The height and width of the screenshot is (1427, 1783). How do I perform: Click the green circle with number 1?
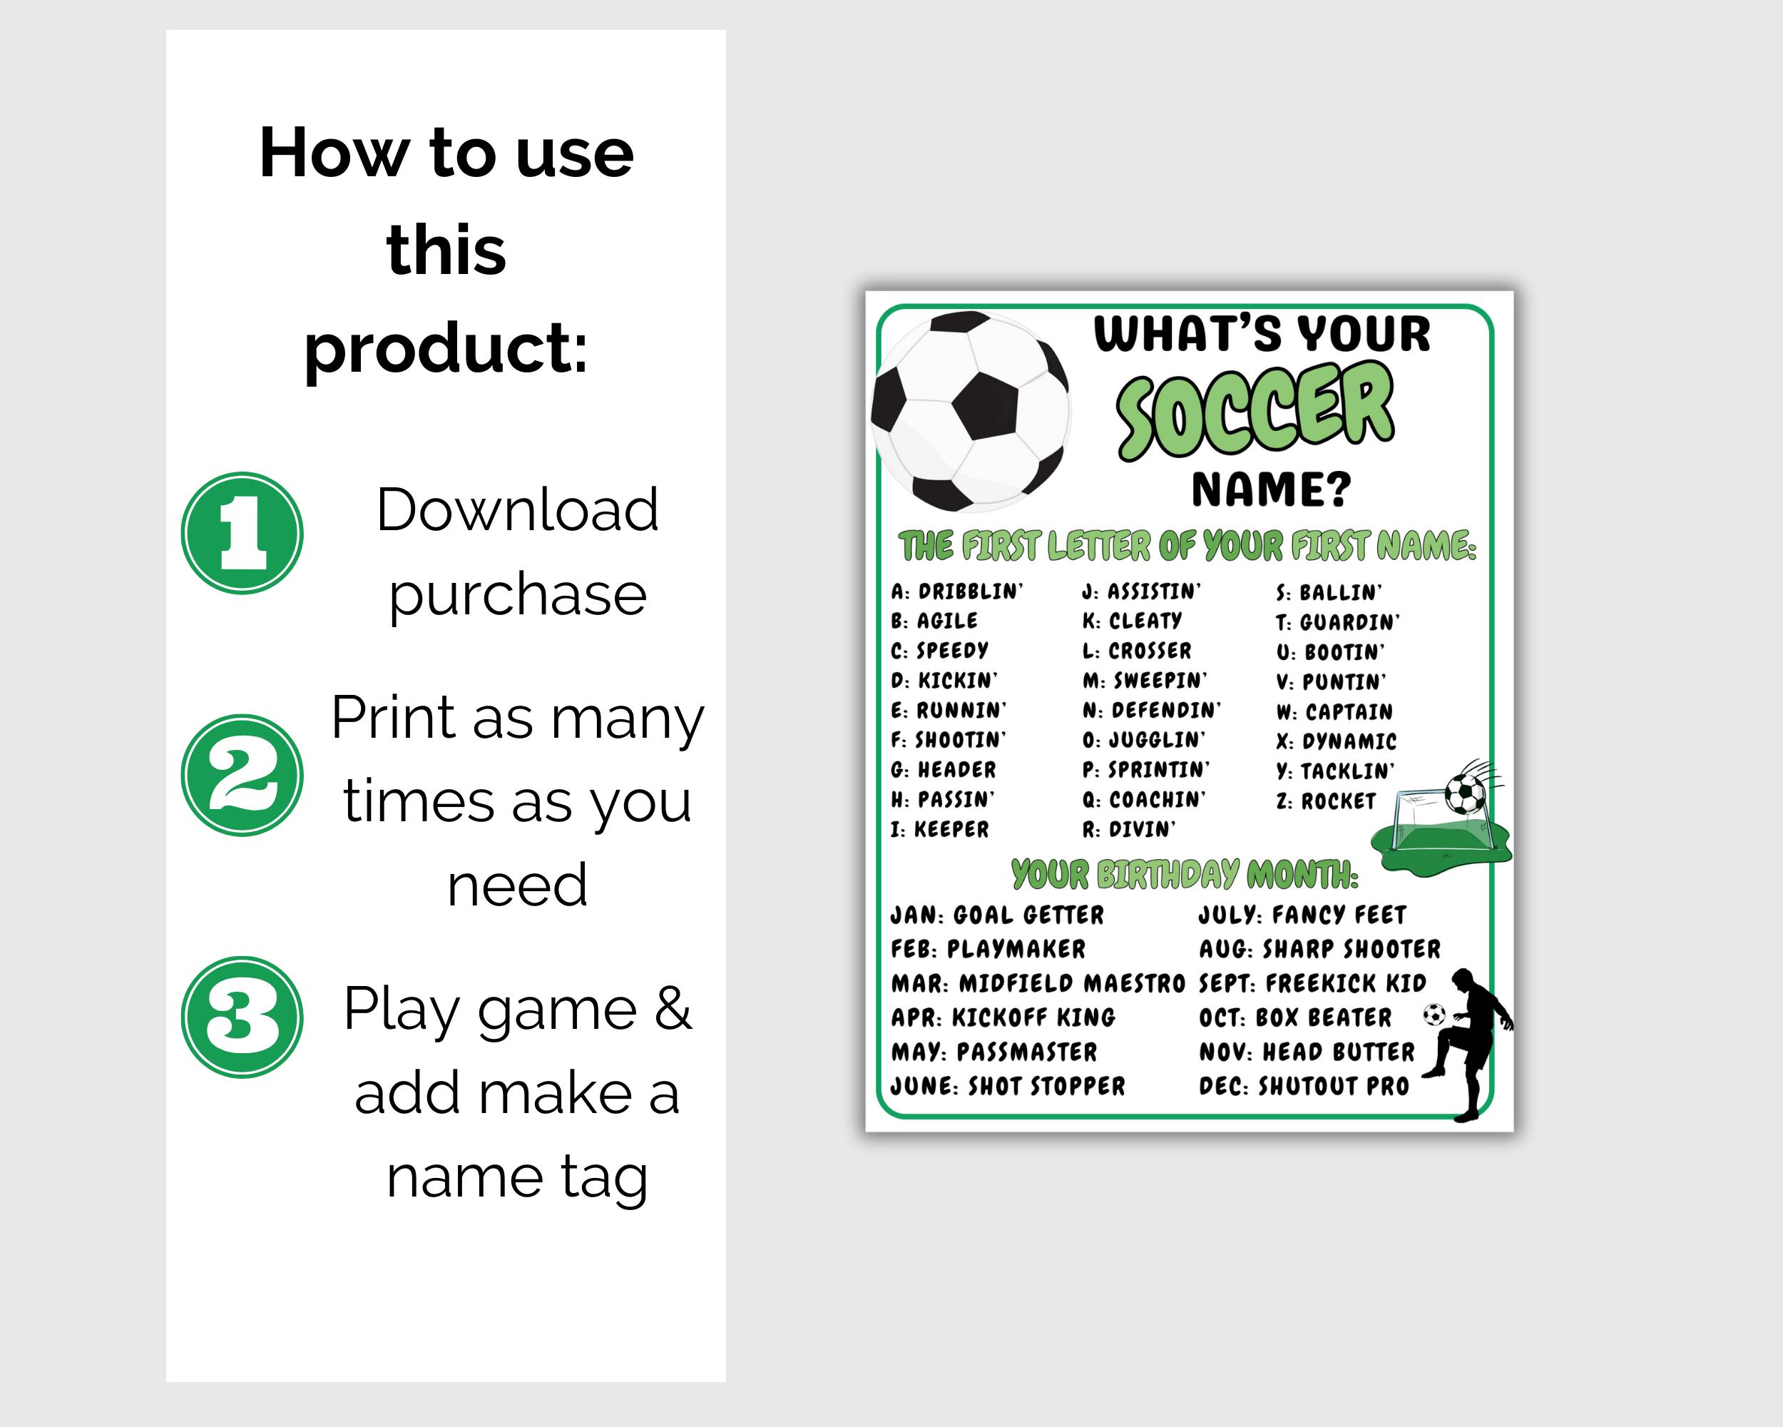(242, 533)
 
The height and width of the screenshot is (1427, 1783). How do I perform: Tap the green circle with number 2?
(242, 775)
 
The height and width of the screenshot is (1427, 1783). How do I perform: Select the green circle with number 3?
(242, 1017)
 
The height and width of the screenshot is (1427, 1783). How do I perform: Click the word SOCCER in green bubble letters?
(1255, 411)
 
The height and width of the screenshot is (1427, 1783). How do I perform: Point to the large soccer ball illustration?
(971, 411)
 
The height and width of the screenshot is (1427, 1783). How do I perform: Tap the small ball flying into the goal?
(1466, 794)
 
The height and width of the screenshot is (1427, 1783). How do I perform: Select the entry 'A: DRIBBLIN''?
(957, 591)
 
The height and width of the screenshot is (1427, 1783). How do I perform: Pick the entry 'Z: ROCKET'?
(1326, 801)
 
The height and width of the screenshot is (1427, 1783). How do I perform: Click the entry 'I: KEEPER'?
(939, 829)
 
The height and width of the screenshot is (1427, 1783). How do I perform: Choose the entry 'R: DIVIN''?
(1129, 829)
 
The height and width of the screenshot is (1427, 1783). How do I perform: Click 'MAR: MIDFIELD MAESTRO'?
(1038, 984)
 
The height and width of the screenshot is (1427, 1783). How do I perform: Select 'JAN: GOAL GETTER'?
(997, 915)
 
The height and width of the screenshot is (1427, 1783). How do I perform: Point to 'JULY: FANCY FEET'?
(1302, 915)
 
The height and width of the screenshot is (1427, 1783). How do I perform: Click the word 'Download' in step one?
(518, 509)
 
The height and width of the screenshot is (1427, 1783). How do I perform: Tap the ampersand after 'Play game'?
(673, 1008)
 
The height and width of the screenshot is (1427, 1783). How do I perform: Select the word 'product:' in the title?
(446, 348)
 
